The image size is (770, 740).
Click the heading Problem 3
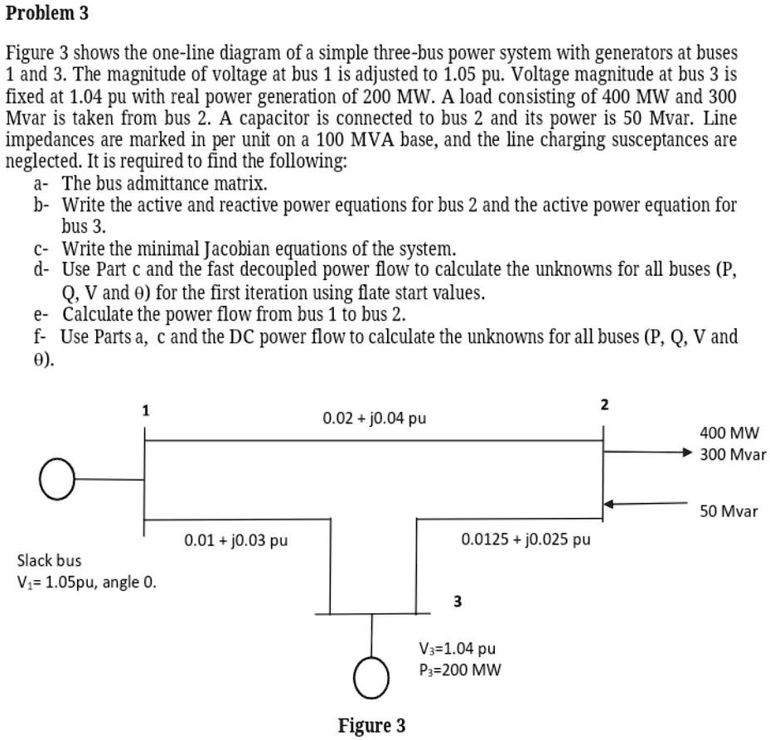[x=47, y=14]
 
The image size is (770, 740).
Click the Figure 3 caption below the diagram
[x=371, y=726]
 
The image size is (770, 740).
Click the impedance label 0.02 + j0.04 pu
[x=374, y=418]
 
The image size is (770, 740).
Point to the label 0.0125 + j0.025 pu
[x=525, y=540]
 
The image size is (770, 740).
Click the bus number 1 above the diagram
[x=146, y=409]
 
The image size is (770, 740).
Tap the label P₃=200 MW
[x=460, y=670]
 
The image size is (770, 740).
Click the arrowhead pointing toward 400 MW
[x=685, y=453]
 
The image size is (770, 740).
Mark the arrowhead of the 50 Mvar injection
[x=608, y=503]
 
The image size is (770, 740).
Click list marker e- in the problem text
[x=41, y=316]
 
